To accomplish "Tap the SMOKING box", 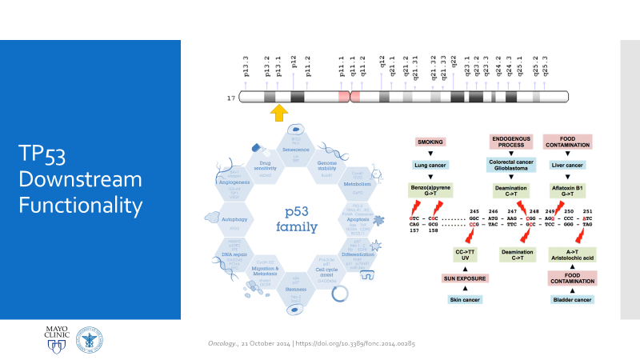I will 430,142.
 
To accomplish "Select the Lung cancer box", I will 430,166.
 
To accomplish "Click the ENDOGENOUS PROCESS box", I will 511,142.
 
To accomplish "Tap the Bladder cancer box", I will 572,299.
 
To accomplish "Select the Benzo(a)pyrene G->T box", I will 430,190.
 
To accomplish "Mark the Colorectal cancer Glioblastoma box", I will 511,166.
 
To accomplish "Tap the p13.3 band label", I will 246,64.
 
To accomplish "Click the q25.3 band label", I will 546,64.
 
